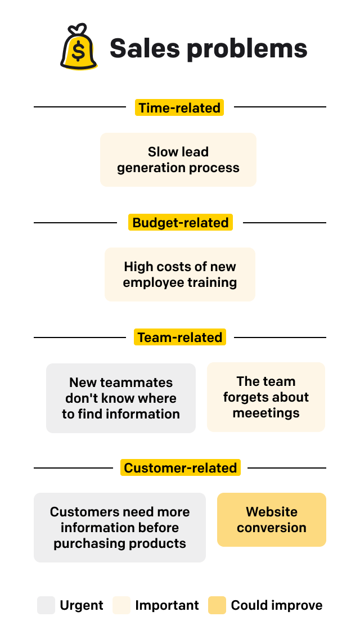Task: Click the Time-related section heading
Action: pos(179,107)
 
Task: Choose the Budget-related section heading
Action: pos(180,222)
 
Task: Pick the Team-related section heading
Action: pos(180,337)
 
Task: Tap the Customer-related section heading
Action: pos(180,467)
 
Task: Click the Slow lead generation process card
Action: pos(178,160)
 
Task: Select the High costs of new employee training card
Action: pos(180,274)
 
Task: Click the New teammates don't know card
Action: pos(121,398)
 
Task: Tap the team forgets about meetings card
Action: pos(266,397)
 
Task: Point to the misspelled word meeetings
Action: pos(266,413)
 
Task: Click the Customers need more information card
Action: pos(120,528)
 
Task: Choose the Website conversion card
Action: pos(272,520)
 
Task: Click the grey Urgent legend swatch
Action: pos(46,605)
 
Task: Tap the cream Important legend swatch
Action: pos(121,605)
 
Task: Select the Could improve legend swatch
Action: pos(217,605)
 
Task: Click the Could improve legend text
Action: pos(277,605)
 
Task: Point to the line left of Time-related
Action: pos(80,107)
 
